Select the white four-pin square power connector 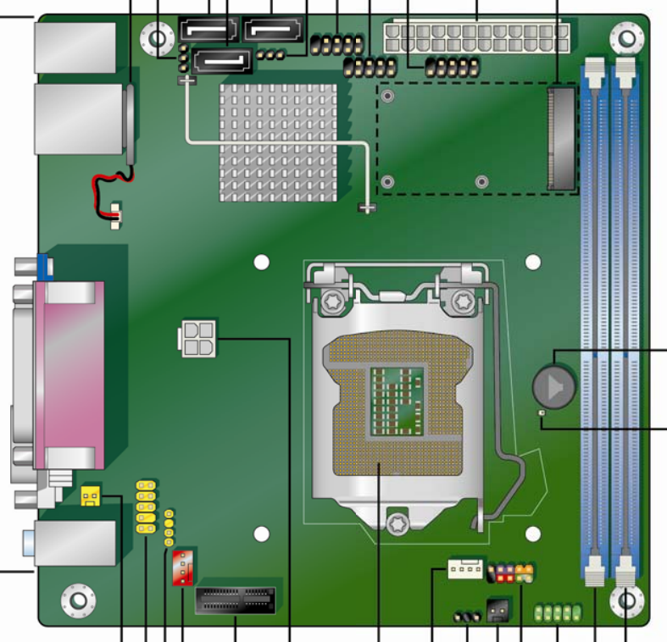pyautogui.click(x=197, y=340)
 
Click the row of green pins pyautogui.click(x=559, y=612)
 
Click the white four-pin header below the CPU pyautogui.click(x=464, y=571)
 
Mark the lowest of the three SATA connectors pyautogui.click(x=223, y=60)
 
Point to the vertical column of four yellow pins pyautogui.click(x=169, y=529)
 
